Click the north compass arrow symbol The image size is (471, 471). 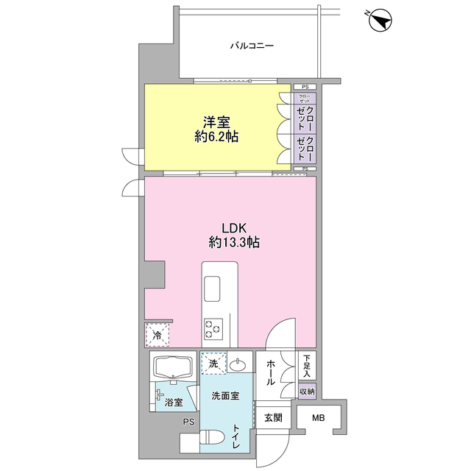[x=380, y=20]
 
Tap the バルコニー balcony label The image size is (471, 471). [x=252, y=46]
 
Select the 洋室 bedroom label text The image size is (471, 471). [x=216, y=122]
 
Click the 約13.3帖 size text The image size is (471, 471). [x=234, y=242]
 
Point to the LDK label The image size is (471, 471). [x=234, y=228]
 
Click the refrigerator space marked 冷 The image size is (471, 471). [x=157, y=335]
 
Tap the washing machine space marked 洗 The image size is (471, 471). [x=213, y=364]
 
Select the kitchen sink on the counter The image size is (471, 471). [x=212, y=289]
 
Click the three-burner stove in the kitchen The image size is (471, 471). [x=213, y=329]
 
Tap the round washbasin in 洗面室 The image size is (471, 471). [x=238, y=365]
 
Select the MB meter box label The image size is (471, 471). [x=319, y=417]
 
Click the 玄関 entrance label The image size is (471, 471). [x=273, y=417]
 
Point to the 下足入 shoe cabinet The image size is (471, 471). [x=307, y=366]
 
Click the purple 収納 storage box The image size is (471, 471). [x=307, y=392]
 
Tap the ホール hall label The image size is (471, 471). [x=270, y=372]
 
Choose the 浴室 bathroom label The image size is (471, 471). [x=174, y=403]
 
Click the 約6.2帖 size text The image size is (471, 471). [x=216, y=137]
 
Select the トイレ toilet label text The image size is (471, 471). [x=236, y=436]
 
